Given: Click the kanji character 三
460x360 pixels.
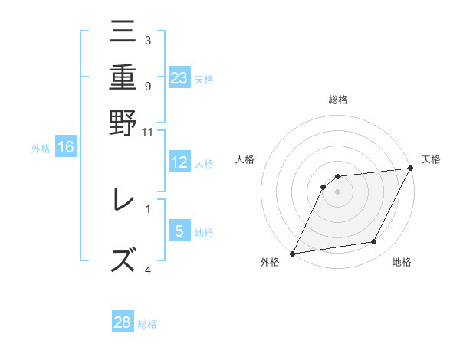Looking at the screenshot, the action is [123, 33].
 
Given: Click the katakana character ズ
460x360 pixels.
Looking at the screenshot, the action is [123, 258].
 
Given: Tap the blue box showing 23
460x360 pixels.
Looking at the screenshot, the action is [179, 77].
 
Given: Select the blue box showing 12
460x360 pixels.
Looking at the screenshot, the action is [179, 162].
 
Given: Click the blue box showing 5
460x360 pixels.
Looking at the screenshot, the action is [179, 231].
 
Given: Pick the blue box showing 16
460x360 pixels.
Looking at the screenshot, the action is [66, 147].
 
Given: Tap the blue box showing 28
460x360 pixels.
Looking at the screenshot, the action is [123, 322].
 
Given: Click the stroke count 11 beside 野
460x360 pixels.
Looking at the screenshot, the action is [148, 132].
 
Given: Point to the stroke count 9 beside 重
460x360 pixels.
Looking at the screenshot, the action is [147, 85].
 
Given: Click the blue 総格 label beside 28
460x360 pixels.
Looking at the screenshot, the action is [147, 324].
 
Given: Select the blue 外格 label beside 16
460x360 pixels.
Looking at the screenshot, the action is [41, 149].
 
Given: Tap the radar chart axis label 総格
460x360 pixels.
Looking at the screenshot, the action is [338, 100].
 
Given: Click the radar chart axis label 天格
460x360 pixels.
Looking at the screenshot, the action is [431, 159].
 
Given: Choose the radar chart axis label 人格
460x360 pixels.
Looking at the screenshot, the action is [245, 159].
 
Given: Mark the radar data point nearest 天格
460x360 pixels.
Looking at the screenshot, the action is [411, 169].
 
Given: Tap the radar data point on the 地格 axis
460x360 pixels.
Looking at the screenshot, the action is [374, 242].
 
